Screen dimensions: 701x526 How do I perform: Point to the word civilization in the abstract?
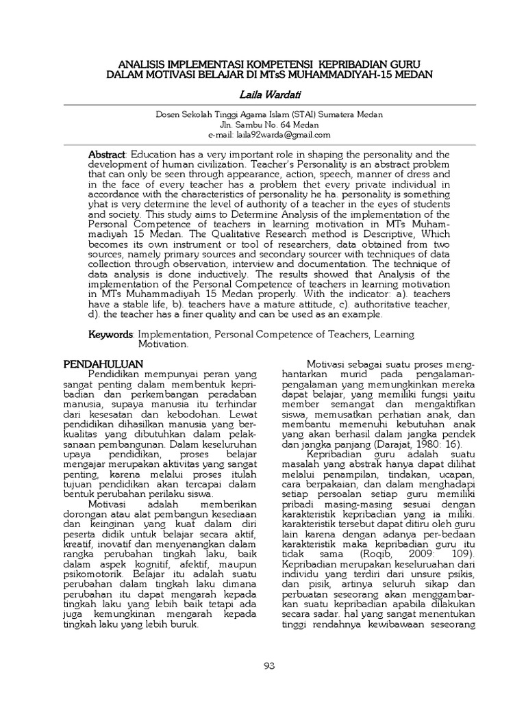click(246, 165)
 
